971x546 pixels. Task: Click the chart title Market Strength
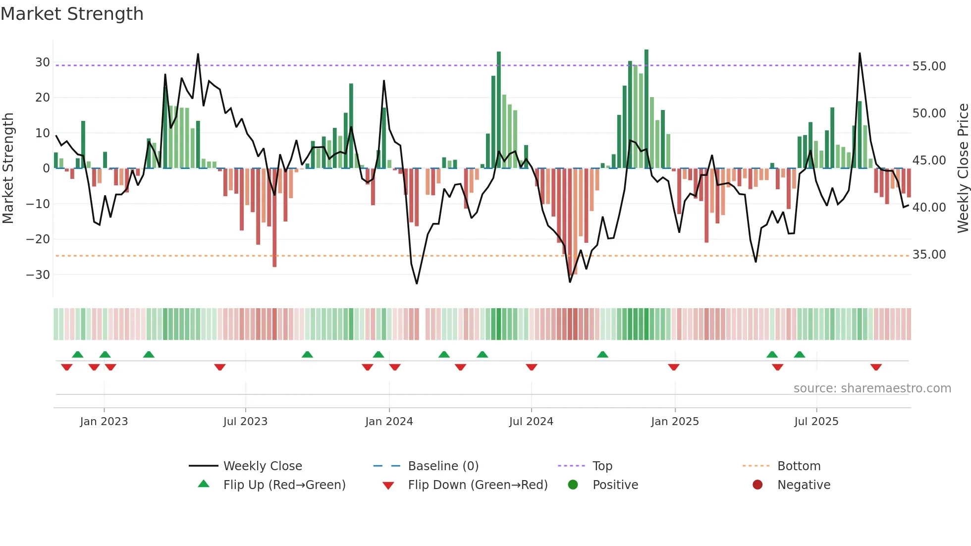tap(72, 14)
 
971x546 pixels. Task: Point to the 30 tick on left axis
tap(43, 62)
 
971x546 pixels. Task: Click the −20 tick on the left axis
tap(38, 239)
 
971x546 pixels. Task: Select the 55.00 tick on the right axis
tap(929, 66)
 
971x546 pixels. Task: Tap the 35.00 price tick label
tap(929, 255)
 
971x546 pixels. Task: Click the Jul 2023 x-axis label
tap(245, 422)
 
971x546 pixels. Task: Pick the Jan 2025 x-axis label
tap(675, 422)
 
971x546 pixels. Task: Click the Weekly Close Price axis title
tap(963, 168)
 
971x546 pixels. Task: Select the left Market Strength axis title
tap(8, 168)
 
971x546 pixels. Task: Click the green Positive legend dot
tap(573, 485)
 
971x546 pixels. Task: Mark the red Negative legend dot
tap(757, 485)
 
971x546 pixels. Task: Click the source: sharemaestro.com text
tap(872, 388)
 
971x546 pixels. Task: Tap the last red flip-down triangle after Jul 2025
tap(876, 367)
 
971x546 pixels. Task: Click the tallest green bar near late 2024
tap(647, 109)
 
